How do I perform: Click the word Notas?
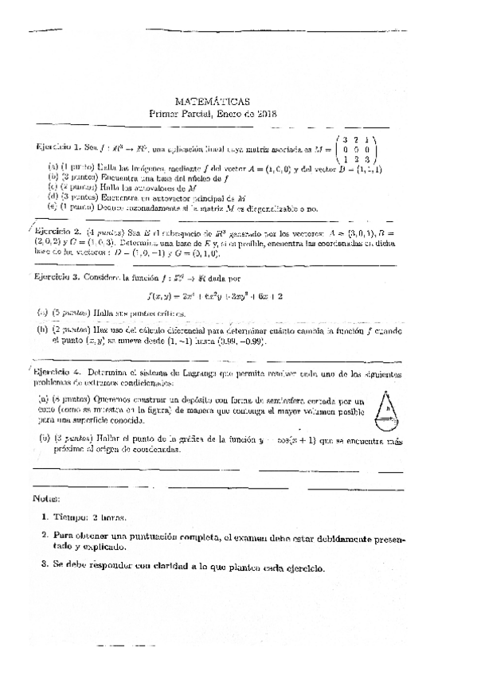(x=47, y=498)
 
